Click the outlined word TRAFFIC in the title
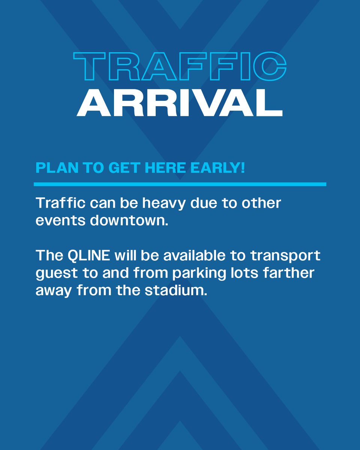click(180, 66)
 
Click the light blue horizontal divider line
click(180, 184)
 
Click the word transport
click(285, 256)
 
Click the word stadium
click(181, 290)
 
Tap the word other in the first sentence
click(261, 204)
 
